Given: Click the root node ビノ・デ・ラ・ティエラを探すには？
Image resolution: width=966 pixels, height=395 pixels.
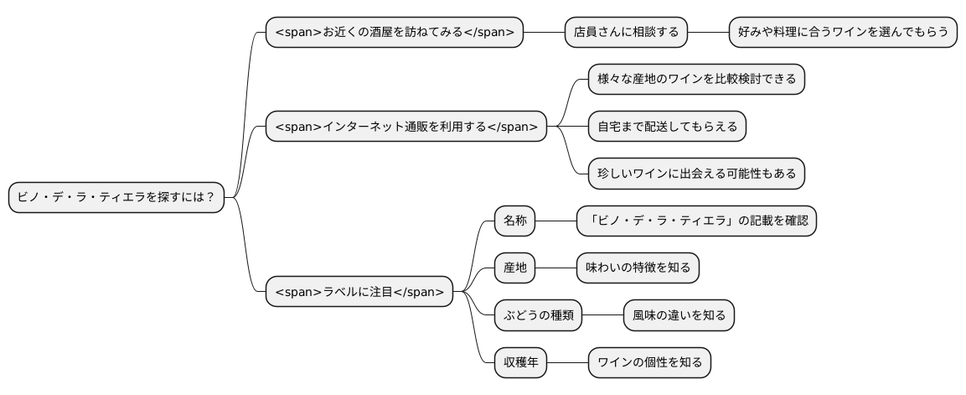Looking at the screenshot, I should (x=116, y=198).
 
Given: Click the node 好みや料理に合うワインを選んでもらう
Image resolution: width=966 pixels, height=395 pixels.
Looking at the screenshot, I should (x=843, y=33).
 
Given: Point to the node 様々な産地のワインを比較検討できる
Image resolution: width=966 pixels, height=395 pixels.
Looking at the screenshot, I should (x=696, y=80).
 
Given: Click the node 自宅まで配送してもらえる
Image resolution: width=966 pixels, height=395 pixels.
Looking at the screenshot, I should (x=667, y=127).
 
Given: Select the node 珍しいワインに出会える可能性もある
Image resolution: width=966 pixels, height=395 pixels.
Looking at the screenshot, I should (x=696, y=174).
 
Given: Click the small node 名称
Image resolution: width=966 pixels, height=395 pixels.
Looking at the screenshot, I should (x=514, y=221).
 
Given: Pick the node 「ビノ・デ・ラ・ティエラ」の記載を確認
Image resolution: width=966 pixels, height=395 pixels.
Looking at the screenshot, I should (x=696, y=221).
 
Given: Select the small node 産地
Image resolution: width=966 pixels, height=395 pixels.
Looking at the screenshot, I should (x=514, y=268).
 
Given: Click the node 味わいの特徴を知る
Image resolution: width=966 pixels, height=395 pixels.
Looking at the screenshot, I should (x=638, y=268).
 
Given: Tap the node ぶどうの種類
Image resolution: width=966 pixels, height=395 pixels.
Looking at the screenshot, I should (x=537, y=315).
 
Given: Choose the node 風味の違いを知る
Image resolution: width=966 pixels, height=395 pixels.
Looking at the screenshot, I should (x=679, y=315).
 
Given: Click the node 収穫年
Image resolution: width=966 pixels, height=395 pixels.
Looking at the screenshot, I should (x=519, y=362).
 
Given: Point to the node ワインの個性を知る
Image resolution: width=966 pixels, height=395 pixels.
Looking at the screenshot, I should (x=649, y=362).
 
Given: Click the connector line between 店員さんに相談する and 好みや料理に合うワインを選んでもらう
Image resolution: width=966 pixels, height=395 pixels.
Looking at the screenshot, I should (x=708, y=33).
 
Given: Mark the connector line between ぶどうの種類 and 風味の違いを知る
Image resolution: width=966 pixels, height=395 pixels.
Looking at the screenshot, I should (x=602, y=315).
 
